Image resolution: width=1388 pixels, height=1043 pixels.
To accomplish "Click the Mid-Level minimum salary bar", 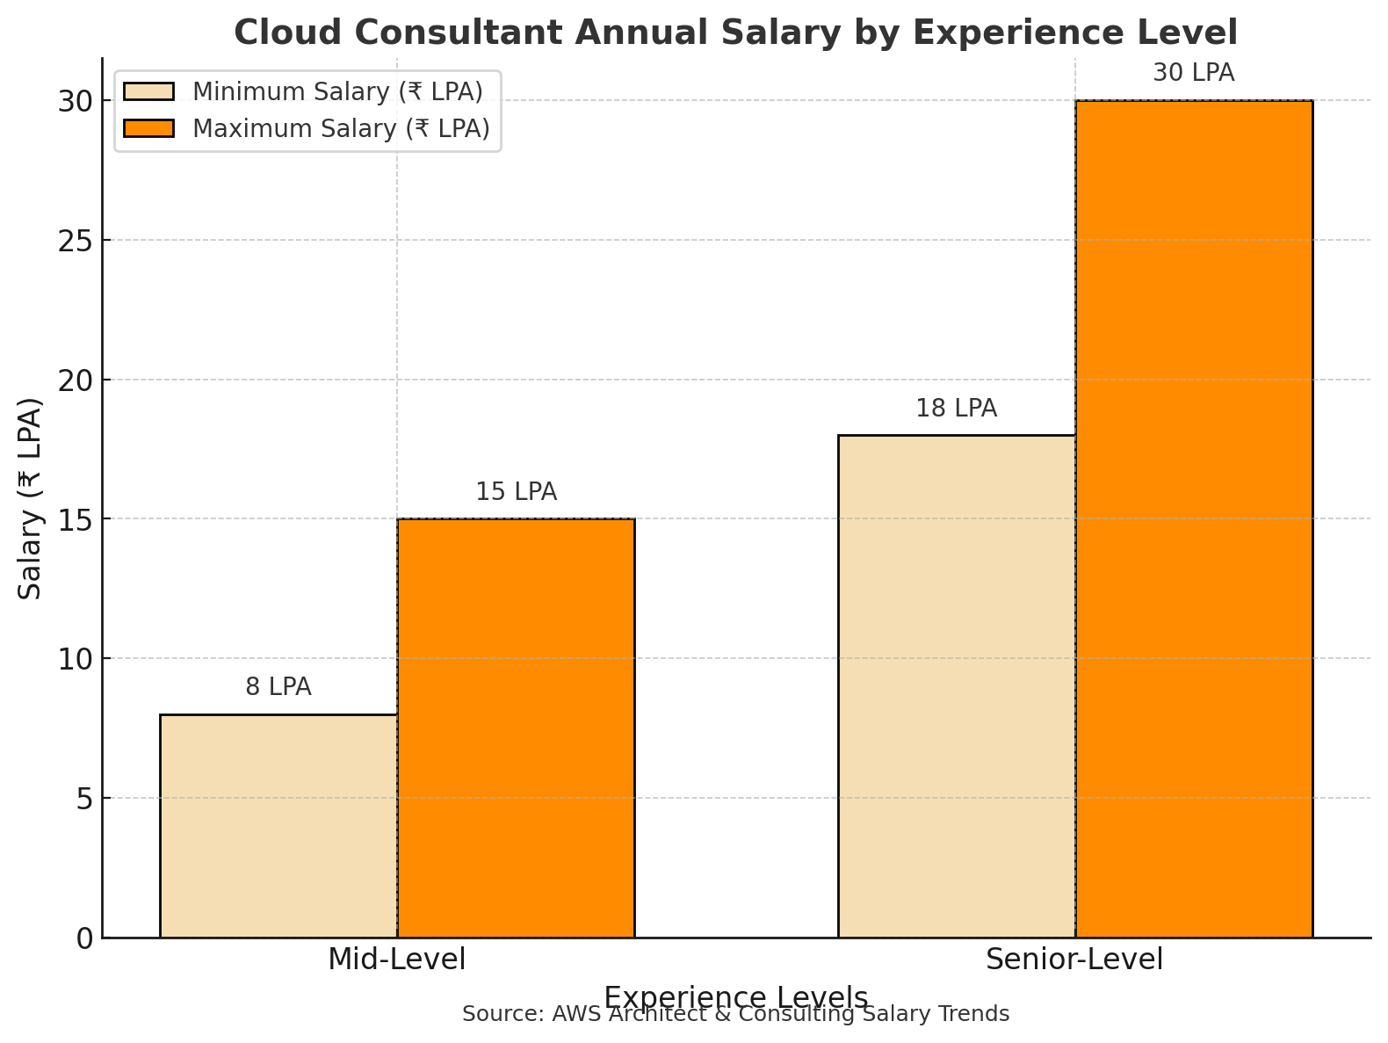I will click(x=278, y=826).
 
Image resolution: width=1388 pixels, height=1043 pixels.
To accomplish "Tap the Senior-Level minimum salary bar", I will click(x=957, y=685).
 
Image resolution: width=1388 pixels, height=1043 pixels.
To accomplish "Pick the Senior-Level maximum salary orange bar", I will click(x=1194, y=518).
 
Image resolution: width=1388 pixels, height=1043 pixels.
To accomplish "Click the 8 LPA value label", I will click(x=278, y=687).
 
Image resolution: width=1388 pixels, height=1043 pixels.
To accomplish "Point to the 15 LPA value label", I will click(x=516, y=492).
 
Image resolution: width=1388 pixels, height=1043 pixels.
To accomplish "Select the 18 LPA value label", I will click(x=957, y=409).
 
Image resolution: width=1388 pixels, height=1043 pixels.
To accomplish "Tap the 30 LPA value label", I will click(x=1194, y=73).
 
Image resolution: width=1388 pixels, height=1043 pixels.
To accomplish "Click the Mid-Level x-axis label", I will click(x=397, y=960).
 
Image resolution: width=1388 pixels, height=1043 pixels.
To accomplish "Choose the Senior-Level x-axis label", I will click(x=1074, y=960).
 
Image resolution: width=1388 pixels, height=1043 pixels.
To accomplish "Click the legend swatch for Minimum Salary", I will click(x=149, y=91).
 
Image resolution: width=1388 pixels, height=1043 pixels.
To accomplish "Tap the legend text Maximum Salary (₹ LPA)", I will click(x=341, y=128).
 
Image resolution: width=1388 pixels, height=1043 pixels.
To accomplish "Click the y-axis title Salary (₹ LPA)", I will click(x=31, y=498).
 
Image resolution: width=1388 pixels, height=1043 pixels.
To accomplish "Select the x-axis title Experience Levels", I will click(x=735, y=997).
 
